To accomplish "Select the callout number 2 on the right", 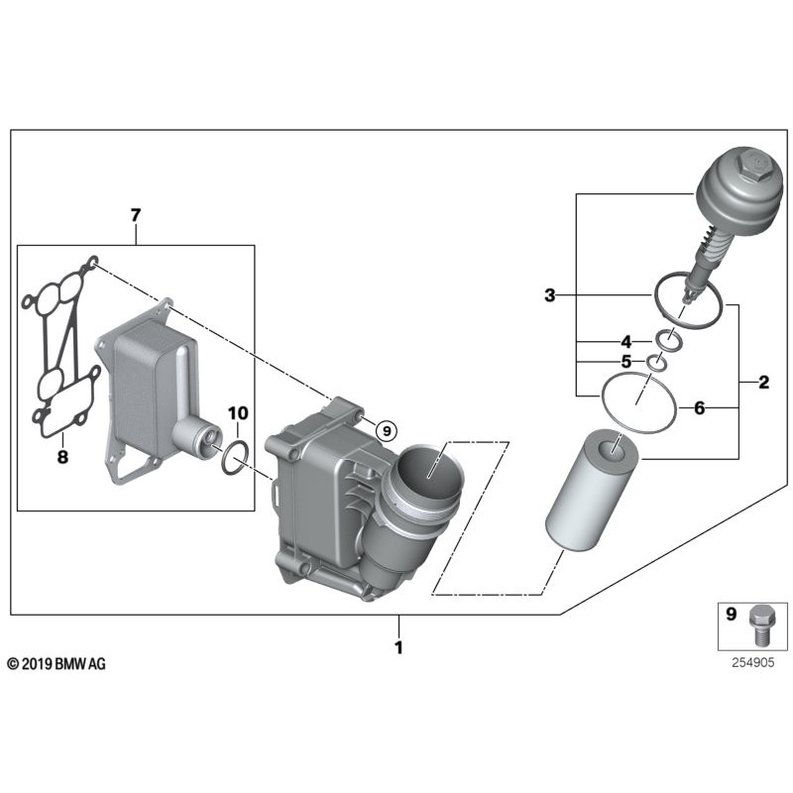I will pyautogui.click(x=763, y=383).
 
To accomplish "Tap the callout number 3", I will pyautogui.click(x=550, y=294).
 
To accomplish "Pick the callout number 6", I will pyautogui.click(x=699, y=407).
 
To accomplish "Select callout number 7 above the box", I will pyautogui.click(x=136, y=215).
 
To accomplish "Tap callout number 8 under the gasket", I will pyautogui.click(x=61, y=458).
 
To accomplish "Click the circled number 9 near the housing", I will pyautogui.click(x=387, y=430).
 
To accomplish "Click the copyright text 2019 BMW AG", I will pyautogui.click(x=57, y=663).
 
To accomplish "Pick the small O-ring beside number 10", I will pyautogui.click(x=234, y=458).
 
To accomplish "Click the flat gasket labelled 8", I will pyautogui.click(x=59, y=347).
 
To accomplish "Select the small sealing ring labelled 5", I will pyautogui.click(x=655, y=363).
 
